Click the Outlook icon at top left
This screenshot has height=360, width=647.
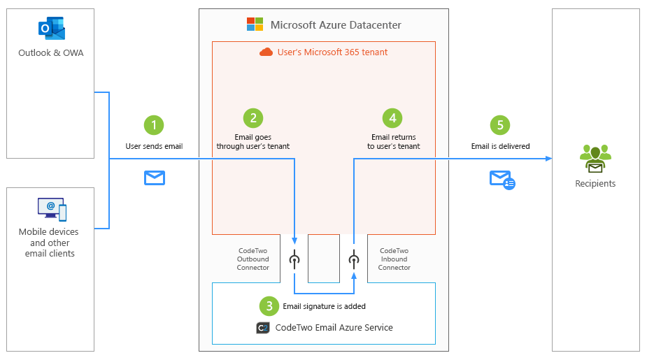tap(51, 29)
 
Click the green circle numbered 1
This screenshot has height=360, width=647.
tap(153, 125)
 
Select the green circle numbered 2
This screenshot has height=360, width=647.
tap(253, 118)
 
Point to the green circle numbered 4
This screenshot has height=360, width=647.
tap(393, 118)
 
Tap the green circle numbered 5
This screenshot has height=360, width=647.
tap(499, 125)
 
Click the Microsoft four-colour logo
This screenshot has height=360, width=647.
tap(255, 24)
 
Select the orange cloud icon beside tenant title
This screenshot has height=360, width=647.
tap(266, 52)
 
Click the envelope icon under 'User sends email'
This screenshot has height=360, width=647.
tap(154, 178)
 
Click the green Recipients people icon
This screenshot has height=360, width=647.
tap(595, 159)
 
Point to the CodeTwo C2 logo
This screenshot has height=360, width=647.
tap(263, 327)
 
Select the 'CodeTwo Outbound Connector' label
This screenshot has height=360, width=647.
tap(253, 259)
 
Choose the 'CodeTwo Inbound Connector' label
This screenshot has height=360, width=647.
tap(394, 259)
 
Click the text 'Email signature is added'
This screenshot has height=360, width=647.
tap(324, 306)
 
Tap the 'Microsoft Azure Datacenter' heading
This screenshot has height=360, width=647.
tap(336, 25)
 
